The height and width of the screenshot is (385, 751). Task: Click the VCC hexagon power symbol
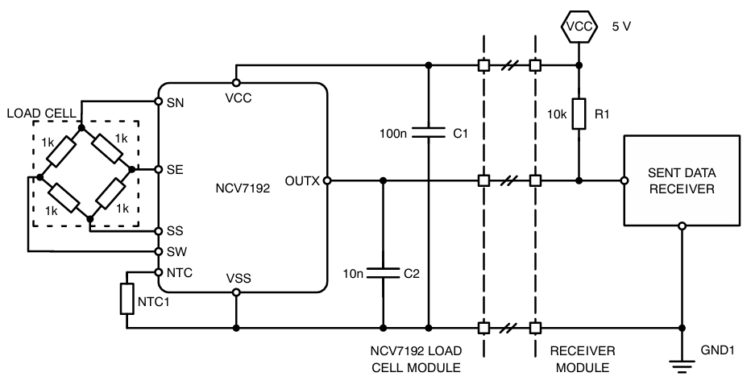tap(579, 27)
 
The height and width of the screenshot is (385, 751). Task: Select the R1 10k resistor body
tap(579, 117)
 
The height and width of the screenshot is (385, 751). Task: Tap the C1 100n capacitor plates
tap(427, 132)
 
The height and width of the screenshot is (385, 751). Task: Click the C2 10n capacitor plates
tap(382, 273)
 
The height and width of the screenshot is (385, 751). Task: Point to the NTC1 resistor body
tap(127, 298)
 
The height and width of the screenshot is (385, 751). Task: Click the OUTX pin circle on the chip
tap(326, 181)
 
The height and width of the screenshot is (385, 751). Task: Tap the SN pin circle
tap(158, 102)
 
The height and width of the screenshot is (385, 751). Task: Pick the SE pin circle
tap(158, 170)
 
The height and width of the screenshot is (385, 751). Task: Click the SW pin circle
tap(158, 250)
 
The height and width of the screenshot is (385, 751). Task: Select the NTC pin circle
tap(158, 272)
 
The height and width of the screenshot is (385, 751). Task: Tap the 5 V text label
tap(620, 27)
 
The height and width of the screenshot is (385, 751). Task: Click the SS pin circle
tap(158, 230)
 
